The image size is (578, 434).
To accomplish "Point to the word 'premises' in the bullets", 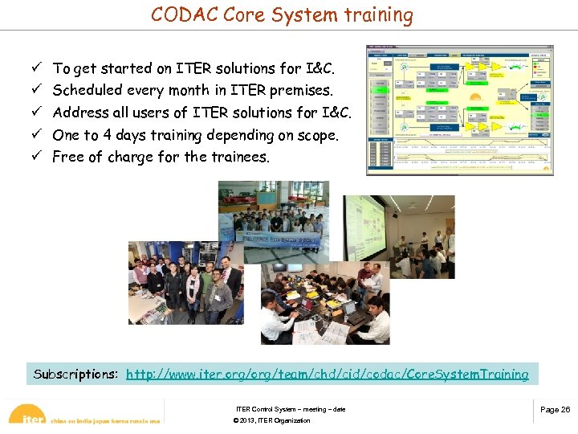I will point(301,91).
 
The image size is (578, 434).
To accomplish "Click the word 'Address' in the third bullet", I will point(82,113).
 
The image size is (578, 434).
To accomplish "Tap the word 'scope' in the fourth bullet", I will point(316,135).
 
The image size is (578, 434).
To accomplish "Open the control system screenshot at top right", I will point(459,110).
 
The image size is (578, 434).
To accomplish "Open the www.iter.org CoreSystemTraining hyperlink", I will point(327,375).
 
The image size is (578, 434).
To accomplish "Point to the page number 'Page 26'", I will point(555,410).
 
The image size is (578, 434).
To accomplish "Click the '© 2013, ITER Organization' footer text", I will point(271,420).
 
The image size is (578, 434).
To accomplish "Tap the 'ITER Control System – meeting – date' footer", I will point(291,410).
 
